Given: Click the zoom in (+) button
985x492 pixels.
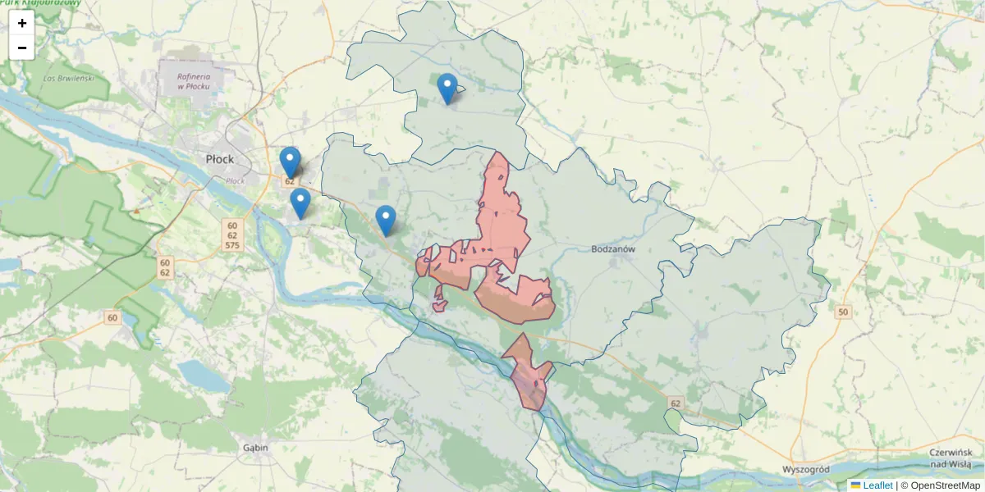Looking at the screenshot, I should click(22, 23).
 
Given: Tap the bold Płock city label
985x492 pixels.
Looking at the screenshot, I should click(220, 159).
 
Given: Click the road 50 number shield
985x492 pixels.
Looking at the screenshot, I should click(842, 312).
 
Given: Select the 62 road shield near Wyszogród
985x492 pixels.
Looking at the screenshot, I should click(676, 403).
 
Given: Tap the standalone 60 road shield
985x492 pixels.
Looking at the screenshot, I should click(112, 317).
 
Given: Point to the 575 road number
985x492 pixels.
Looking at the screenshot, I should click(232, 246).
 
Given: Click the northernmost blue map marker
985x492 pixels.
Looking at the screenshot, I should click(447, 89).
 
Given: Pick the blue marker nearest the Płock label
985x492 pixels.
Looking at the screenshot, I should click(290, 162).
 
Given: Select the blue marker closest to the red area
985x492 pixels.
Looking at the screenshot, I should click(386, 220).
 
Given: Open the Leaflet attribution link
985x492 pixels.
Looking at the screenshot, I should click(877, 485).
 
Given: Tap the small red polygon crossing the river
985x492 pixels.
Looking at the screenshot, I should click(528, 373).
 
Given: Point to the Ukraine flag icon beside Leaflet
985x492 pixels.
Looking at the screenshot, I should click(855, 485).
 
